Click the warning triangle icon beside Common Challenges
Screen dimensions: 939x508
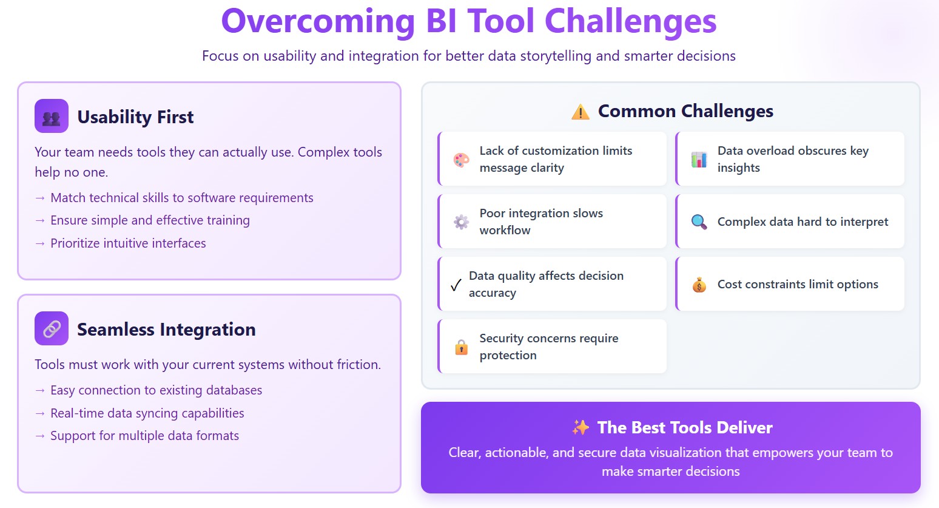click(580, 112)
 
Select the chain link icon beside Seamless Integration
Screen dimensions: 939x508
click(52, 328)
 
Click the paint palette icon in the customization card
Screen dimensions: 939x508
click(461, 160)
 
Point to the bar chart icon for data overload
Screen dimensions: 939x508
click(699, 160)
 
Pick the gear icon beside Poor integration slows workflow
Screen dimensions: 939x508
click(461, 222)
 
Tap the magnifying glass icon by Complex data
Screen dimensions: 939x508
click(699, 222)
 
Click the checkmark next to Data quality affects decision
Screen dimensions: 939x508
click(456, 285)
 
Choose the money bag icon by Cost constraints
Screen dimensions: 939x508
click(699, 285)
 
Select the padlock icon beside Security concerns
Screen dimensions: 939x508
click(461, 347)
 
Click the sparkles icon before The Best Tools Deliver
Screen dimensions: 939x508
click(580, 427)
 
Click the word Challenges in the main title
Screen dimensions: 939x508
click(630, 22)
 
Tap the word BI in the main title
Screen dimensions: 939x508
click(441, 21)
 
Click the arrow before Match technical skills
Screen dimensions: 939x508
click(40, 198)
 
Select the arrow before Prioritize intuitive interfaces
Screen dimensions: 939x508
click(40, 243)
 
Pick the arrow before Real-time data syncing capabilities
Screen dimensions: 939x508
click(40, 413)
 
